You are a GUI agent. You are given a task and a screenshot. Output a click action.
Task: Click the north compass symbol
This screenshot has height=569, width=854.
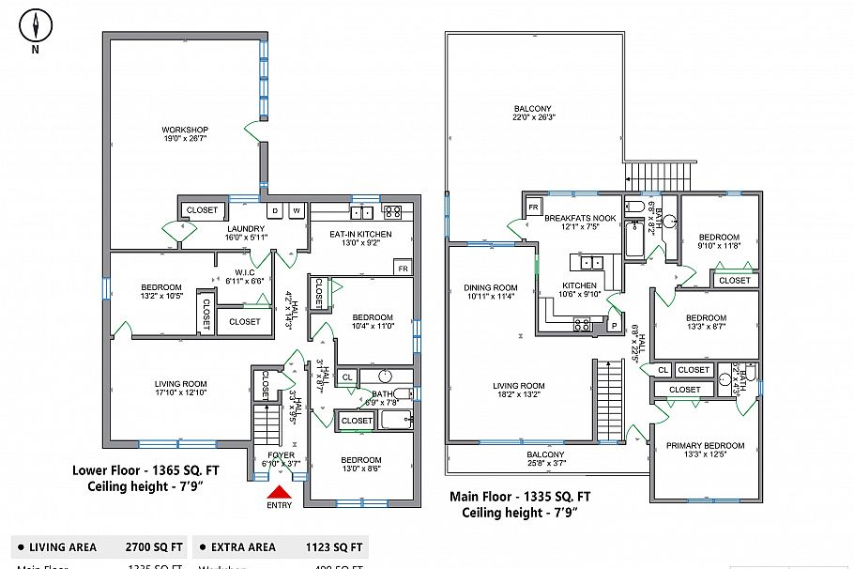point(35,24)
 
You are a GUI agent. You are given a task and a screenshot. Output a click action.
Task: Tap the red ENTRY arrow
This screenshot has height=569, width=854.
point(279,493)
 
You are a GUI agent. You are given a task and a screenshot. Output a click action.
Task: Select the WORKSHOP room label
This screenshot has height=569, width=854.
point(185,130)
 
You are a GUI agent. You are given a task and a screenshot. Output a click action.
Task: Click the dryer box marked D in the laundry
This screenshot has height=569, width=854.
point(276,210)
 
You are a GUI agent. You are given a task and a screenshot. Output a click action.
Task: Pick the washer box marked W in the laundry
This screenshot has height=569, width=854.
point(297,210)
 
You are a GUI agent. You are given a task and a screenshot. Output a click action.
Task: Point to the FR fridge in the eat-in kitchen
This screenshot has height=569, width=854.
point(403,268)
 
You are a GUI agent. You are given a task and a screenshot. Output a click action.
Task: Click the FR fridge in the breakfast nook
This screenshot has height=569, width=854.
point(533,207)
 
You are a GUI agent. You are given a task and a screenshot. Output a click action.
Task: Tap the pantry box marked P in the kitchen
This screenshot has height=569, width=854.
point(616,325)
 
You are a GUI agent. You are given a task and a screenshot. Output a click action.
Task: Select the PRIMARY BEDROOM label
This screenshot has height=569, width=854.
point(705,445)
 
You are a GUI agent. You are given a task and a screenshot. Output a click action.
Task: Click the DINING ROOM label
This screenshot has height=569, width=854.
point(491,288)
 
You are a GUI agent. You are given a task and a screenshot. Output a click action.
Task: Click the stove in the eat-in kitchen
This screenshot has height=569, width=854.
point(393,211)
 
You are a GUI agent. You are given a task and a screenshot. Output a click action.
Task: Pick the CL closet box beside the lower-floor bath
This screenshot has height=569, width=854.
point(346,377)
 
